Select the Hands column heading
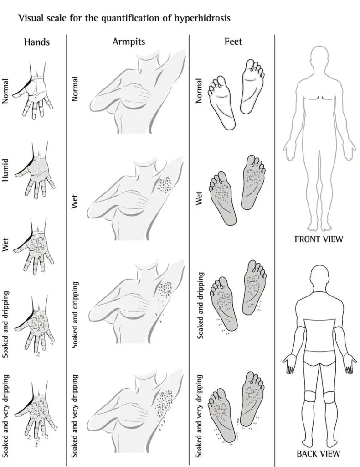pyautogui.click(x=37, y=42)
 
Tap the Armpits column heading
pyautogui.click(x=129, y=42)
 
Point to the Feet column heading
pyautogui.click(x=233, y=41)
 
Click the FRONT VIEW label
pyautogui.click(x=319, y=239)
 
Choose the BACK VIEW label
pyautogui.click(x=318, y=454)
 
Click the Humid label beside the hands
pyautogui.click(x=5, y=170)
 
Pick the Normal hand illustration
pyautogui.click(x=33, y=90)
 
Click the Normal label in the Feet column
pyautogui.click(x=198, y=91)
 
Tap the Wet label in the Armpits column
pyautogui.click(x=74, y=202)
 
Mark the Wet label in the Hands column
pyautogui.click(x=5, y=244)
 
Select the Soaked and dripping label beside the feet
pyautogui.click(x=201, y=306)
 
